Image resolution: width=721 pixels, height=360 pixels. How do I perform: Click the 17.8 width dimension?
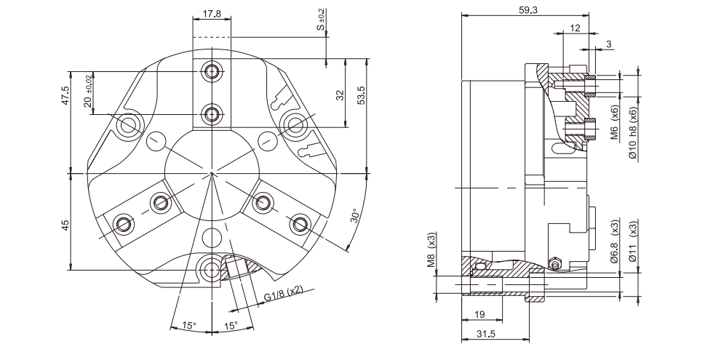pyautogui.click(x=212, y=14)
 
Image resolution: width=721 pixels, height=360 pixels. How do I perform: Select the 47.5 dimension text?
pyautogui.click(x=65, y=95)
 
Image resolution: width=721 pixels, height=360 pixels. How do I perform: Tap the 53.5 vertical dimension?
pyautogui.click(x=361, y=95)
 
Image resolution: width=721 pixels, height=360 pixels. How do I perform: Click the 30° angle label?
pyautogui.click(x=354, y=216)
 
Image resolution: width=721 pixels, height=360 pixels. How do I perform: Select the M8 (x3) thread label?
pyautogui.click(x=431, y=250)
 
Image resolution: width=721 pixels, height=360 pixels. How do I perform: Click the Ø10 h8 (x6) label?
pyautogui.click(x=633, y=133)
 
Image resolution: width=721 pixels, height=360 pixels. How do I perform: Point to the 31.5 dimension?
pyautogui.click(x=485, y=335)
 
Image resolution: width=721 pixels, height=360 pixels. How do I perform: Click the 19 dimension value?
pyautogui.click(x=479, y=314)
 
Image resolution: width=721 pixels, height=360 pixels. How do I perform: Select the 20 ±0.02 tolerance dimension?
pyautogui.click(x=88, y=91)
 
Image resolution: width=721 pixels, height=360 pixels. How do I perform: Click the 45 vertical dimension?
pyautogui.click(x=65, y=225)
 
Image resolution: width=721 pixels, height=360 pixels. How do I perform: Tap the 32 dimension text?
pyautogui.click(x=340, y=95)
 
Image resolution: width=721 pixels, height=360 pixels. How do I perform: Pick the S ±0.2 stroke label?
pyautogui.click(x=321, y=20)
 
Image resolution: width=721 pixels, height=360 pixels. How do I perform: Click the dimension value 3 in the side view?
pyautogui.click(x=609, y=44)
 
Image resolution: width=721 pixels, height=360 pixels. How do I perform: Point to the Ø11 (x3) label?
pyautogui.click(x=633, y=241)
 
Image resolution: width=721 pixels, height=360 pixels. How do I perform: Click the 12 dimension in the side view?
pyautogui.click(x=575, y=28)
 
